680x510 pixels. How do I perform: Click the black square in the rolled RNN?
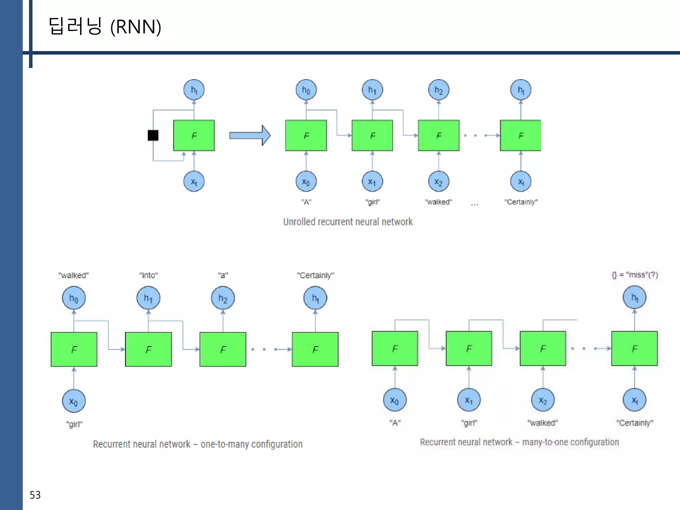click(153, 135)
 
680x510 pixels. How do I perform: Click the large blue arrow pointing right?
click(250, 135)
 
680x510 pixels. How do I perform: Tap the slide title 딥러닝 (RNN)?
click(105, 27)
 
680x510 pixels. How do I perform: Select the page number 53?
click(35, 495)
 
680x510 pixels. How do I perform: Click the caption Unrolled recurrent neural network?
click(348, 222)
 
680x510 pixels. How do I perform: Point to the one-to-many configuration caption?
click(198, 444)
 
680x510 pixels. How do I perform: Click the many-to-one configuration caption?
click(519, 442)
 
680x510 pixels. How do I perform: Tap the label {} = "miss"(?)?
click(635, 275)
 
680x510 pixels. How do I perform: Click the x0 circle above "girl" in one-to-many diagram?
click(74, 401)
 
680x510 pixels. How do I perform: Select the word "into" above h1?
click(148, 275)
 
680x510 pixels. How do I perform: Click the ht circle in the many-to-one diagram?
click(634, 297)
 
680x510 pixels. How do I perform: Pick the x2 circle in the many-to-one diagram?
click(543, 400)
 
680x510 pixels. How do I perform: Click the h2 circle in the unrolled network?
click(439, 90)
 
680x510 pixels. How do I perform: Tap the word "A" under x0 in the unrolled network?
click(306, 202)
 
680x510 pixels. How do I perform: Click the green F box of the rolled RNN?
click(194, 135)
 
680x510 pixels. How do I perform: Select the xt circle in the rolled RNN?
click(194, 182)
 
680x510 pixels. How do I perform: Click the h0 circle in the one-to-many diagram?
click(74, 298)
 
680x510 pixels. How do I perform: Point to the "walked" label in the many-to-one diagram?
click(543, 423)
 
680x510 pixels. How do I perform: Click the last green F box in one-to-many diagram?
click(315, 349)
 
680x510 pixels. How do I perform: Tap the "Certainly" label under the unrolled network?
click(521, 202)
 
